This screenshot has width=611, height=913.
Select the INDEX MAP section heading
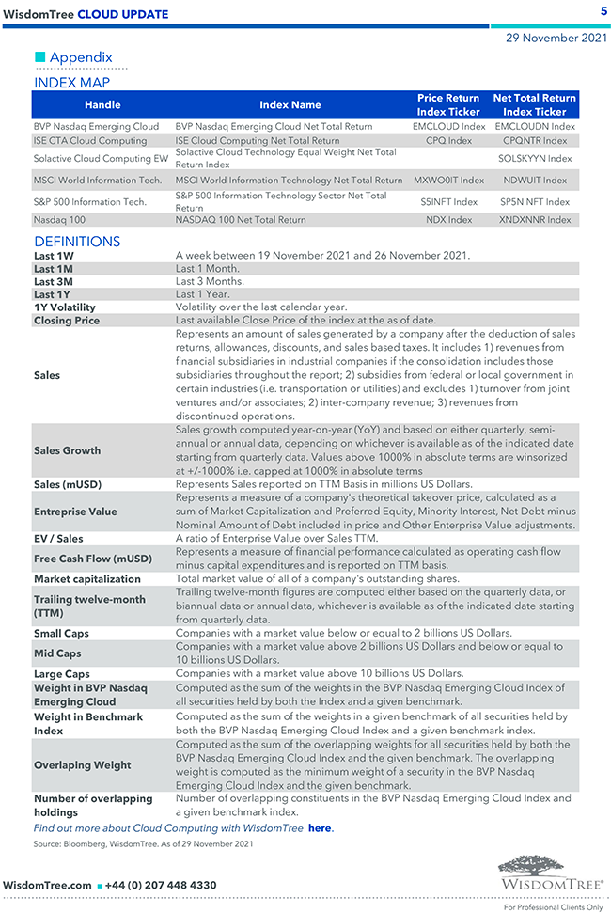tap(71, 83)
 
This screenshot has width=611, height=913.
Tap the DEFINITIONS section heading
tap(77, 242)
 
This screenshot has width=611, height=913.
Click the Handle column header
tap(102, 104)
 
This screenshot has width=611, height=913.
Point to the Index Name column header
tap(290, 104)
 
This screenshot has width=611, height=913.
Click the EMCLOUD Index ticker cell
tap(449, 126)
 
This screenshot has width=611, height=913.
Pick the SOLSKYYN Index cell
tap(535, 158)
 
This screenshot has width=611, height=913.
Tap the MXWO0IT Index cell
tap(449, 180)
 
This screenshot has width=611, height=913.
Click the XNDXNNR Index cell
tap(535, 220)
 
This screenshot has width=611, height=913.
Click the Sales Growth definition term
tap(67, 450)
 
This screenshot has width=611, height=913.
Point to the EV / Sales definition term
tap(58, 539)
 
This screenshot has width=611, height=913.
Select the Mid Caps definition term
tap(57, 653)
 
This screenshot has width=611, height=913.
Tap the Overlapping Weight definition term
tap(82, 765)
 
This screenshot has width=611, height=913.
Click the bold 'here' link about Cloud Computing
tap(320, 828)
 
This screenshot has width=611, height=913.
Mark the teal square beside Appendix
tap(40, 57)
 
